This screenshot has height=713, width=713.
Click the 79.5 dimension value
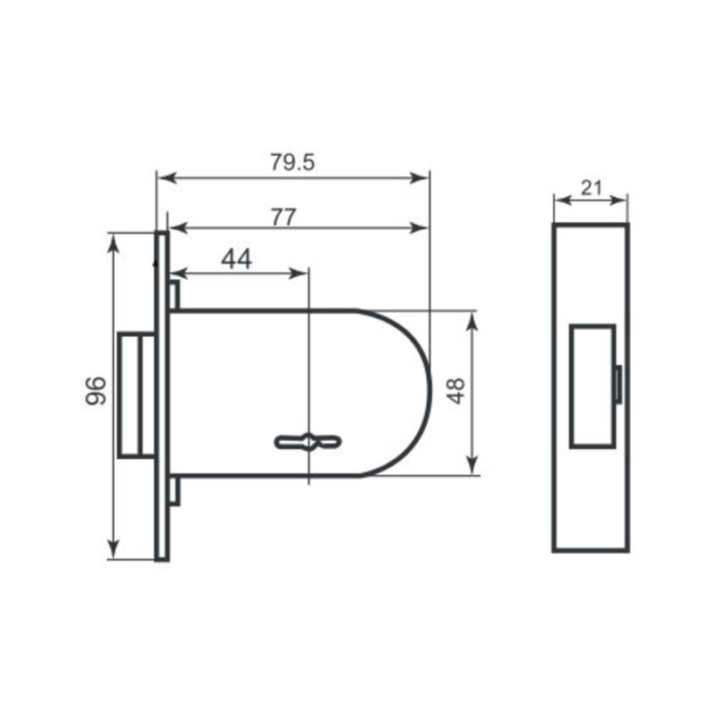292,162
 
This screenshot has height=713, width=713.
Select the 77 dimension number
283,217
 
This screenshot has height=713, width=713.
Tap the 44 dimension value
236,259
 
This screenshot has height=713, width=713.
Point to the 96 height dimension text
96,390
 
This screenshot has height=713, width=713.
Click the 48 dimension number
455,390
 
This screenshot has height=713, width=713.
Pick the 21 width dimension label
591,188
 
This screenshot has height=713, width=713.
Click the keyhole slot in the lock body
307,442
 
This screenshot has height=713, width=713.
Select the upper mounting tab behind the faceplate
175,296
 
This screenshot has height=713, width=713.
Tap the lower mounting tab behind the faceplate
175,491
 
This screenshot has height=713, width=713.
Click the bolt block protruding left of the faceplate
136,395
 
